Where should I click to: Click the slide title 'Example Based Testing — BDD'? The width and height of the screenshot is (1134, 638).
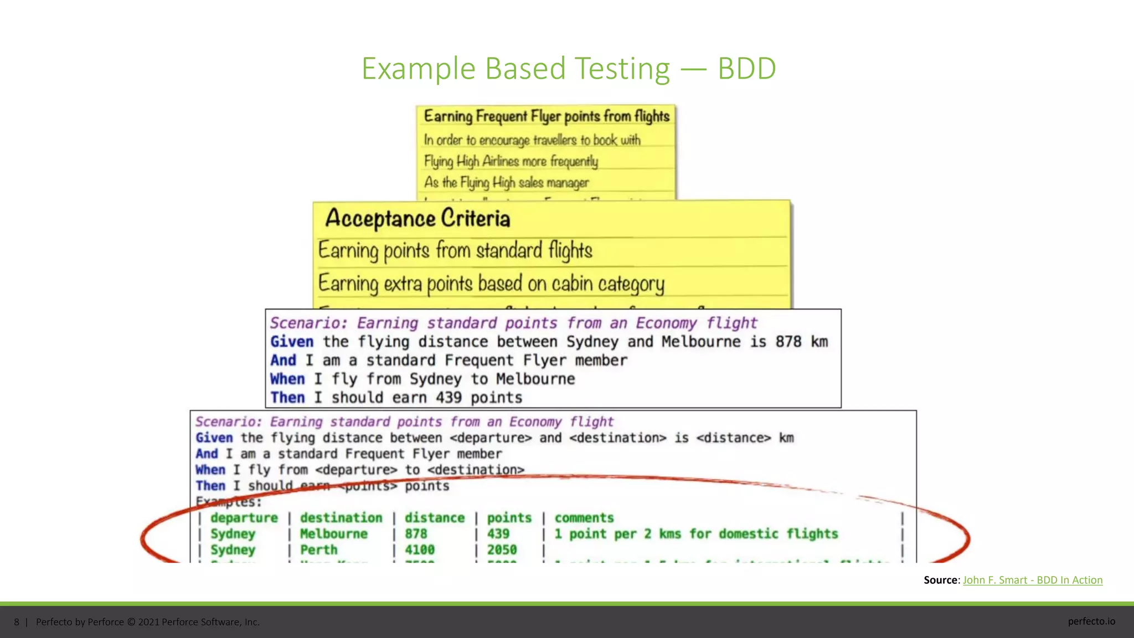point(568,69)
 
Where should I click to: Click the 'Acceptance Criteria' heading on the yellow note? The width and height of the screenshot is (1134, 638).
point(417,219)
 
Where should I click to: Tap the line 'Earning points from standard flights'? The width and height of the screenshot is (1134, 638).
point(455,251)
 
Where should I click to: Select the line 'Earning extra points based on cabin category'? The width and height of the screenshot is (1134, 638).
point(491,284)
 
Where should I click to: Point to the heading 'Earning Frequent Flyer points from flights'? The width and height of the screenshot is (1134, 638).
point(547,116)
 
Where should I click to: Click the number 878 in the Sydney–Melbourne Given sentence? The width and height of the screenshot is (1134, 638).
point(788,342)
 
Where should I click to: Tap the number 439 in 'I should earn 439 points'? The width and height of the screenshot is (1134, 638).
point(449,398)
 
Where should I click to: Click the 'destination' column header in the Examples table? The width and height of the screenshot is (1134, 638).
point(341,518)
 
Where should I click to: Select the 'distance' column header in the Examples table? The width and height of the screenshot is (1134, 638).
point(435,518)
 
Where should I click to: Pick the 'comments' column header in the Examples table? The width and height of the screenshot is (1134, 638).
point(584,518)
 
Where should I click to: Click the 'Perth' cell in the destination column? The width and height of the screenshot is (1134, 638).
point(319,550)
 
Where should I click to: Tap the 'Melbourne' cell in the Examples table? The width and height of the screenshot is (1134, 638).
point(334,534)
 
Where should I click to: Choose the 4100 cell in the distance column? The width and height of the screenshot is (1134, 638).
point(420,550)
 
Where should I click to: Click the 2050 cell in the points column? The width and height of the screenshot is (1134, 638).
point(502,550)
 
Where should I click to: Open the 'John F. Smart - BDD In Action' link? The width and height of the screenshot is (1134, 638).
point(1033,580)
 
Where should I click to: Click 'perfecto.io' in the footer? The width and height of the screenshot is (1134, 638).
point(1091,621)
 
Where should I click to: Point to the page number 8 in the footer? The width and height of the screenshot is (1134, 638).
point(17,622)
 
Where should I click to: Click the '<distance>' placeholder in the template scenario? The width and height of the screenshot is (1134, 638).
point(734,438)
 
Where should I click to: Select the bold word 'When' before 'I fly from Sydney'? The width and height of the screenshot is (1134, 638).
point(287,379)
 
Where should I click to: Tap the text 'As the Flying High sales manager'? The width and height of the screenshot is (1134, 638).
point(506,183)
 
